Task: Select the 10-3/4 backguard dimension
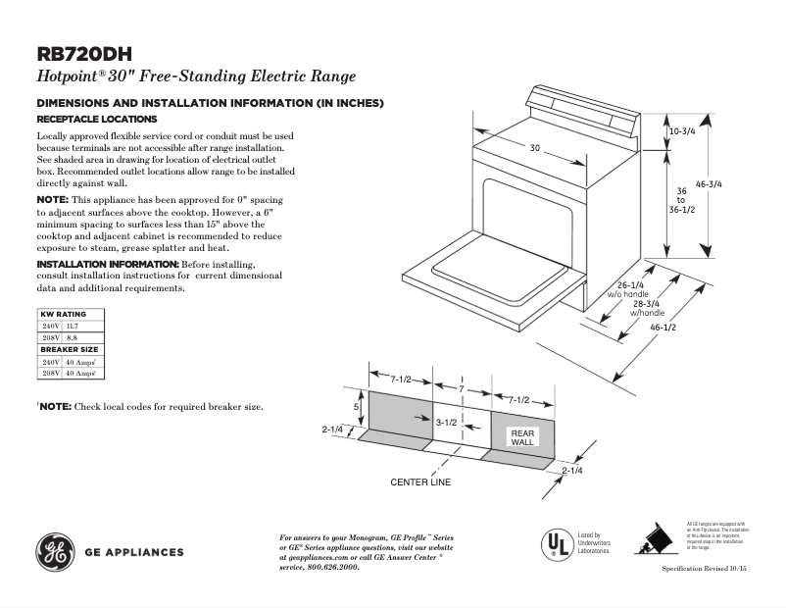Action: pyautogui.click(x=683, y=130)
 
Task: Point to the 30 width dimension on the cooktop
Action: pyautogui.click(x=535, y=148)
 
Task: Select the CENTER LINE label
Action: pyautogui.click(x=420, y=482)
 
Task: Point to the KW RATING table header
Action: pyautogui.click(x=63, y=314)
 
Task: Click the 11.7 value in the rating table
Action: pyautogui.click(x=72, y=325)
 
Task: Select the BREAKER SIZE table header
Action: pyautogui.click(x=68, y=349)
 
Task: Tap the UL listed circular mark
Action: pyautogui.click(x=558, y=543)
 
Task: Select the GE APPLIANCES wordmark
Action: pyautogui.click(x=134, y=552)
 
